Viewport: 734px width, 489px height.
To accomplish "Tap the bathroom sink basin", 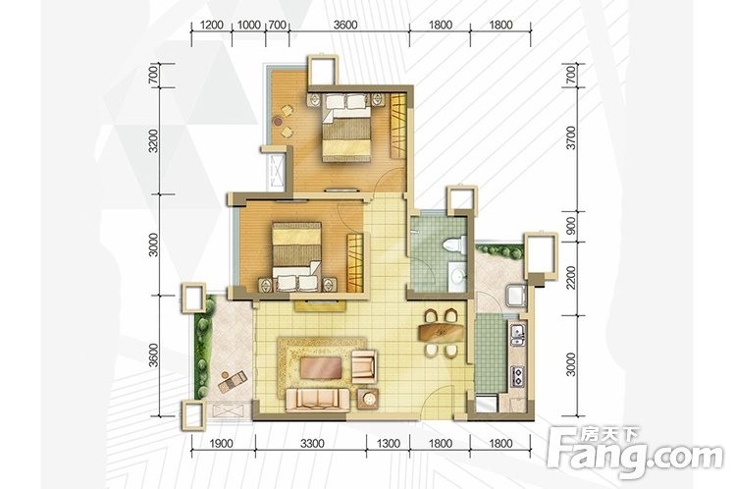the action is tap(456, 275).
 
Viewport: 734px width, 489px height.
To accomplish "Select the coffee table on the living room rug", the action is tap(320, 368).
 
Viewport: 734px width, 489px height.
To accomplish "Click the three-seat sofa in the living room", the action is tap(317, 400).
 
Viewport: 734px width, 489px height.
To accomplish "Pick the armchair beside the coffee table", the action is tap(364, 366).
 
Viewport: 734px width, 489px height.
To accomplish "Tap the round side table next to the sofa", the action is tap(369, 399).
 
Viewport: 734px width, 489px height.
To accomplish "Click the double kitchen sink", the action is tap(517, 335).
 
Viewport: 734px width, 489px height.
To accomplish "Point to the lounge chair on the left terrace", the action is tap(233, 381).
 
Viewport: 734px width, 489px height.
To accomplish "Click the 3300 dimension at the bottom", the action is tap(312, 443).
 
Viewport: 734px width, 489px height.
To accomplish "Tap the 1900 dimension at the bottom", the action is tap(221, 443).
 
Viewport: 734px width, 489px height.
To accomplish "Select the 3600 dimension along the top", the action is tap(345, 25).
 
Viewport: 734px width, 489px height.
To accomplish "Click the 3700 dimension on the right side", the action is tap(570, 137).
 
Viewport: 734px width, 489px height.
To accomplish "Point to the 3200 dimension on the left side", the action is tap(153, 140).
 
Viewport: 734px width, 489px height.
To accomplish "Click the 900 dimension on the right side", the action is tap(570, 226).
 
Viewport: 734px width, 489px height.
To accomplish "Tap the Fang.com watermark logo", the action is tap(634, 451).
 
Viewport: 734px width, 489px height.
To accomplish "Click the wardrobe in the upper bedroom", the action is tap(398, 126).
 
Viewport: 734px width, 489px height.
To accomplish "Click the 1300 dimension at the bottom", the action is tap(388, 443).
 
